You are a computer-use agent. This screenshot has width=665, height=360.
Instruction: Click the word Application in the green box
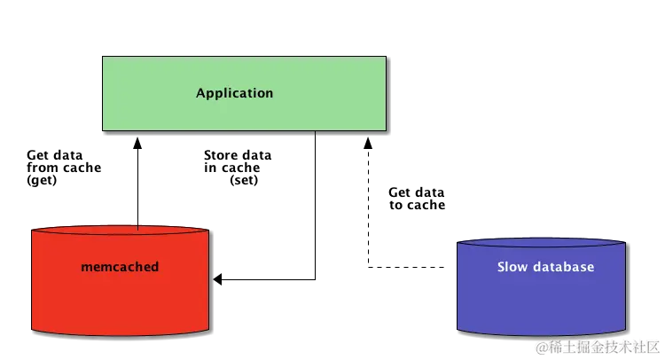[234, 93]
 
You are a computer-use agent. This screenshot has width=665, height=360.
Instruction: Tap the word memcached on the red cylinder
[120, 266]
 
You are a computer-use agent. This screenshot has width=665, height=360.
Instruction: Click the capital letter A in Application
[201, 93]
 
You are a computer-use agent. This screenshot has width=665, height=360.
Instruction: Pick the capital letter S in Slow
[501, 266]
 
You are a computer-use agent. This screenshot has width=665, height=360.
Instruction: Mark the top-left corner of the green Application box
[102, 58]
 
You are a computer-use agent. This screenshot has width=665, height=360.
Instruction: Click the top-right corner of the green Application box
[386, 58]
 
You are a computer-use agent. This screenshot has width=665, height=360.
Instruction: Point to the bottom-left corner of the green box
[102, 132]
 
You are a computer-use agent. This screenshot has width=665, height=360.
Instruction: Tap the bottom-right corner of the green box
[386, 132]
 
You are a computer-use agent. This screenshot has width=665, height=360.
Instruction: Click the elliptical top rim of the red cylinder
[121, 231]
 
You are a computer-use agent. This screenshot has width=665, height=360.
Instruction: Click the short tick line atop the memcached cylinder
[138, 227]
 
